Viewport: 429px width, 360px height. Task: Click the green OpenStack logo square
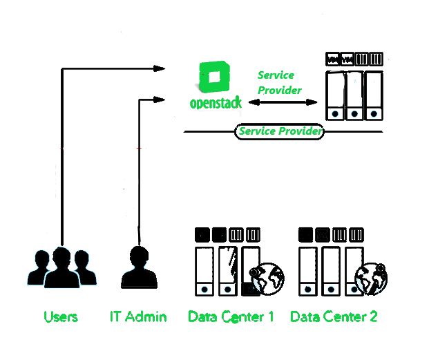215,77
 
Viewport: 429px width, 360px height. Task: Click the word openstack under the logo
216,103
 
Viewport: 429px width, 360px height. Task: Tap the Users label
61,317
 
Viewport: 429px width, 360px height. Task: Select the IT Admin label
138,317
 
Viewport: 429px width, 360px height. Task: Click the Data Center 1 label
231,317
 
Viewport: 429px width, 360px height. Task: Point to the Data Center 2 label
334,317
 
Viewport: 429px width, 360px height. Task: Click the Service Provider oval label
280,131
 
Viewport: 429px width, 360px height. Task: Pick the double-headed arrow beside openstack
281,103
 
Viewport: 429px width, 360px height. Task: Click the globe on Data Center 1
263,279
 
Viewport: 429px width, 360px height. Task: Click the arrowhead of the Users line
160,68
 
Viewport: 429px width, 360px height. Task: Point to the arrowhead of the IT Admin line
160,99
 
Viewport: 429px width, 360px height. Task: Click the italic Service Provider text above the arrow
279,82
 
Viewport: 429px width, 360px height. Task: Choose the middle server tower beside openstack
354,95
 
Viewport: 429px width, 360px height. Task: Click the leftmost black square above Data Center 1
202,234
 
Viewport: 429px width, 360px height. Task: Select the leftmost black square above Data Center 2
305,234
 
